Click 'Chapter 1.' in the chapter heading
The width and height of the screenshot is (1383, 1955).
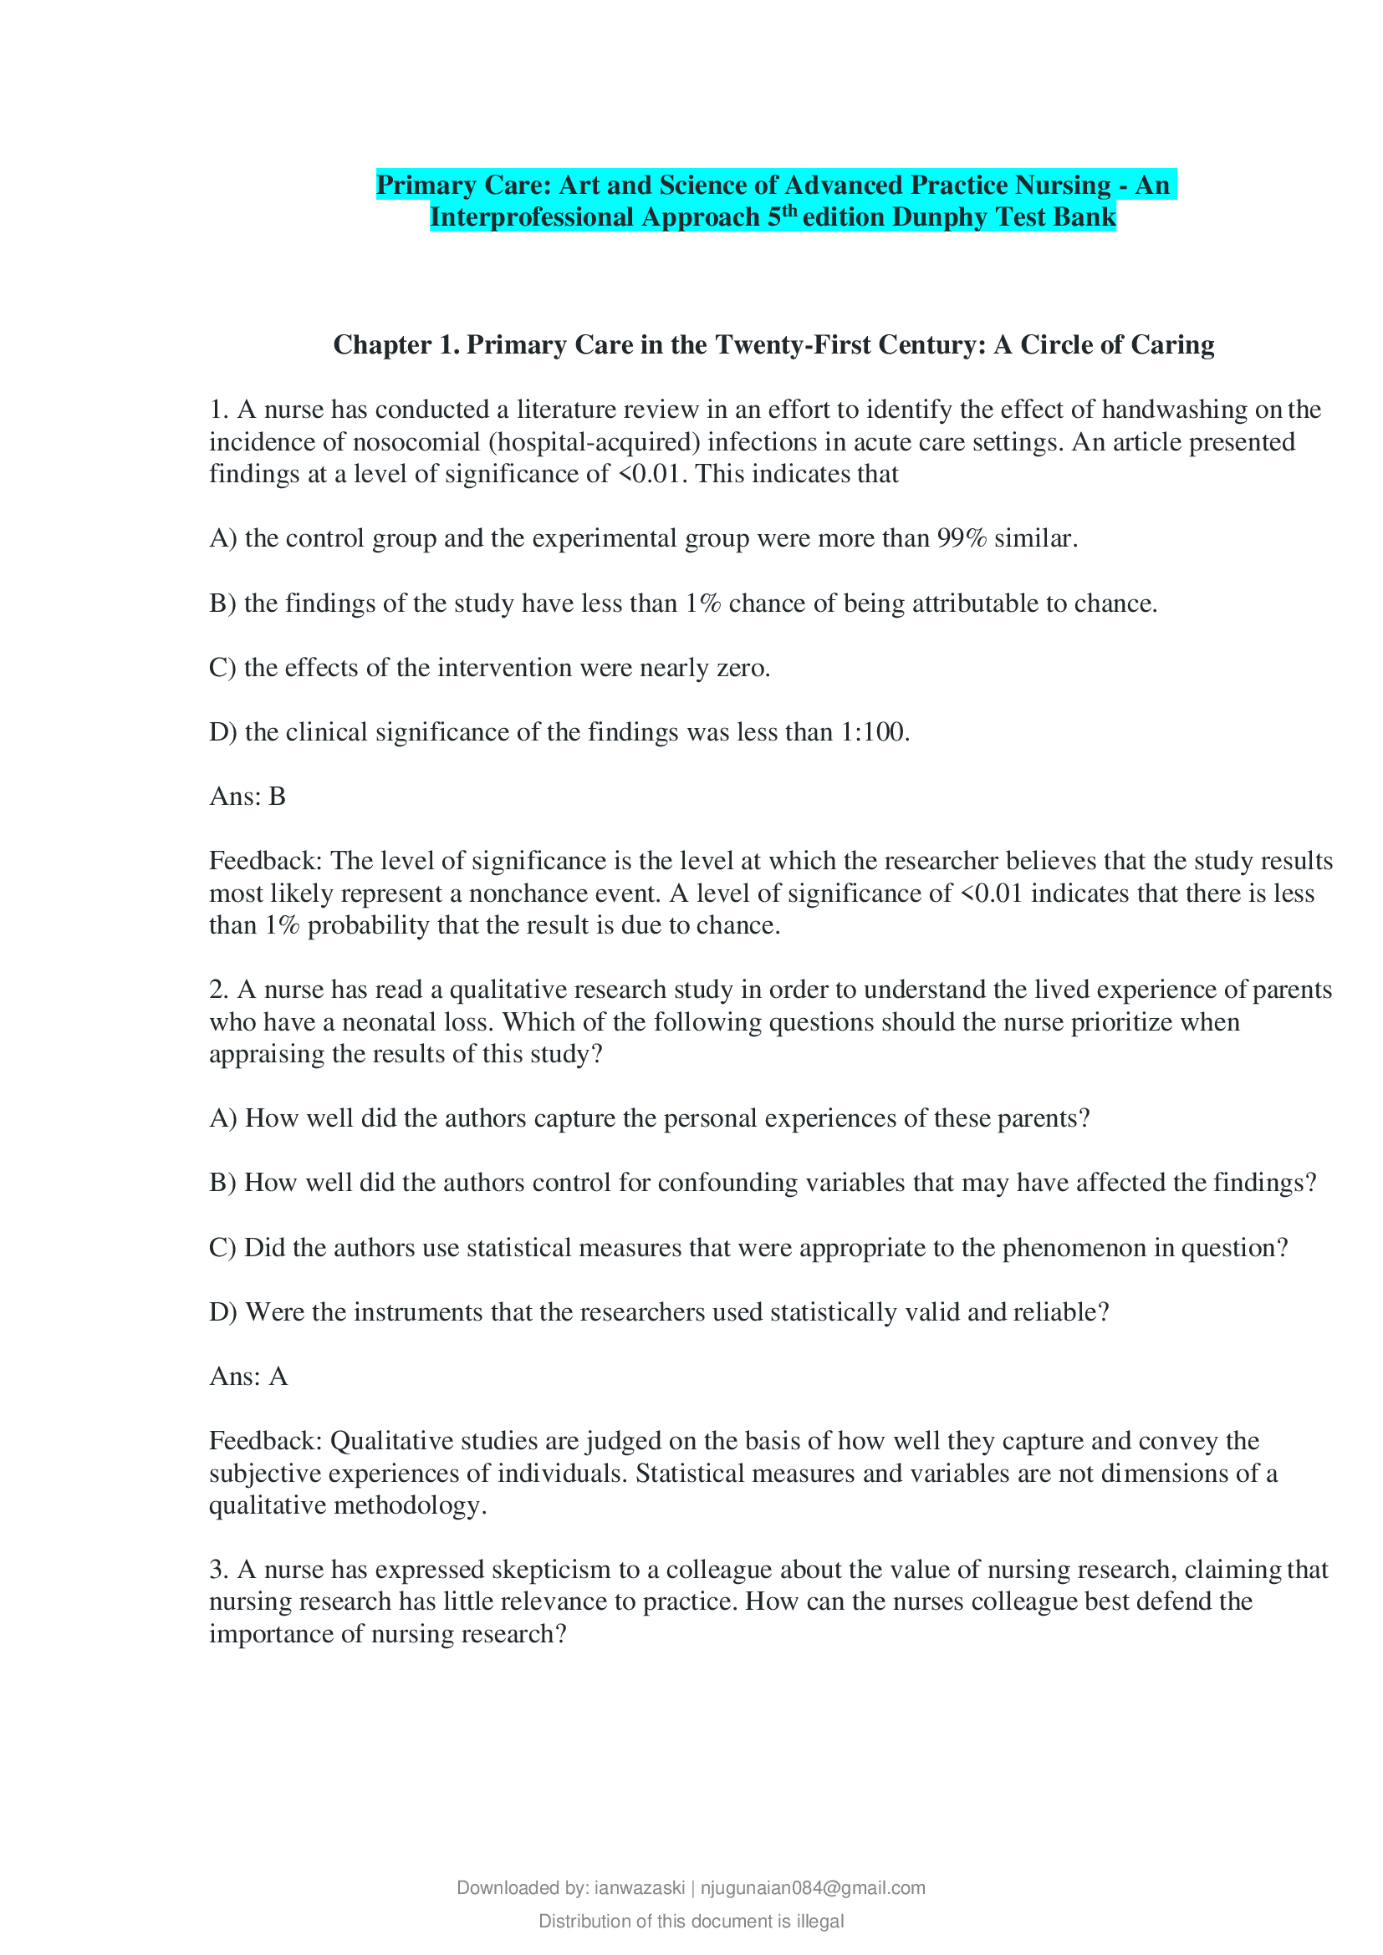396,345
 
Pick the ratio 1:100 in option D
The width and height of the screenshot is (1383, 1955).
873,731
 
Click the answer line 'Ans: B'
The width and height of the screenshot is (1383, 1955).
248,797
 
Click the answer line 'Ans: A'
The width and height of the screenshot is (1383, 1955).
248,1376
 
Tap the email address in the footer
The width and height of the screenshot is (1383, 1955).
813,1888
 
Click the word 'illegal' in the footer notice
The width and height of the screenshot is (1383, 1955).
820,1921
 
